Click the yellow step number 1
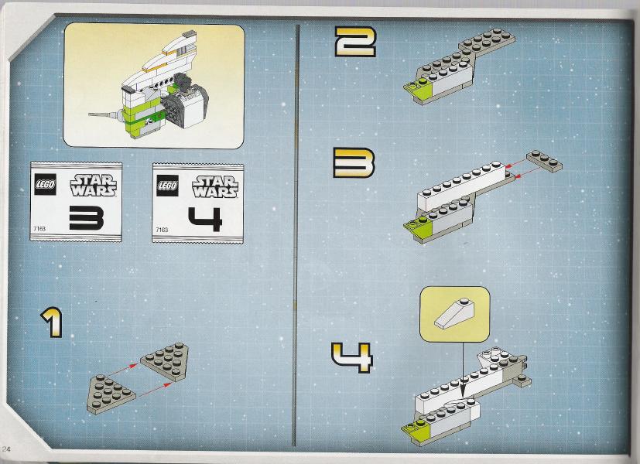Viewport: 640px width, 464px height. click(53, 322)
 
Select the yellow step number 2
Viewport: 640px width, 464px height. click(354, 42)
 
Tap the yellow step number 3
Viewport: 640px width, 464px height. click(354, 162)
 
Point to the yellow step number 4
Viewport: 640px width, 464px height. click(352, 357)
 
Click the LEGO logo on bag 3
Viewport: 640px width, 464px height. click(45, 184)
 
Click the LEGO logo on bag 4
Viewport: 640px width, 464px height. click(167, 186)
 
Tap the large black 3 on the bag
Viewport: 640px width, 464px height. click(86, 218)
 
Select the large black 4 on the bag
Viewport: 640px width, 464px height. click(205, 219)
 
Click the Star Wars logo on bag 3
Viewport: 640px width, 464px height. click(93, 185)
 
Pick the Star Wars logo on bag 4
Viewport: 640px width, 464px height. click(215, 186)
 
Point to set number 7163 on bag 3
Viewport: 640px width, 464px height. click(39, 229)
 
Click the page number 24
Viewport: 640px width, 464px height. click(5, 449)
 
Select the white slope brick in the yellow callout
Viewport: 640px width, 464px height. click(453, 313)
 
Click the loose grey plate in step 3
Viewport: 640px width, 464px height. click(544, 161)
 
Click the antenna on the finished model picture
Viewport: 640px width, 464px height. click(104, 115)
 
